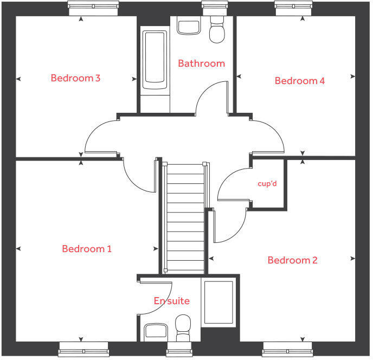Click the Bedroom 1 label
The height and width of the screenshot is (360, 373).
pos(87,249)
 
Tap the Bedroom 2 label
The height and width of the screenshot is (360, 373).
pos(293,260)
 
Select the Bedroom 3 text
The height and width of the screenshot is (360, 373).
pos(75,78)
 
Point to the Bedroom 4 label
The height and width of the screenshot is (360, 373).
pos(300,81)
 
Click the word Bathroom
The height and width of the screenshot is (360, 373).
pos(201,63)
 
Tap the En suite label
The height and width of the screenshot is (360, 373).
pos(172,300)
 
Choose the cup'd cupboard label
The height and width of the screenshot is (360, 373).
pos(267,184)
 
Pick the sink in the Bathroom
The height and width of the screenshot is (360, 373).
pos(189,27)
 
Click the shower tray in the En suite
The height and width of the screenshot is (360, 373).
pos(218,302)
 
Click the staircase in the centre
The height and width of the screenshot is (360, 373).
pos(185,217)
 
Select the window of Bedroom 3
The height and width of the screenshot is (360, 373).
pos(93,5)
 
